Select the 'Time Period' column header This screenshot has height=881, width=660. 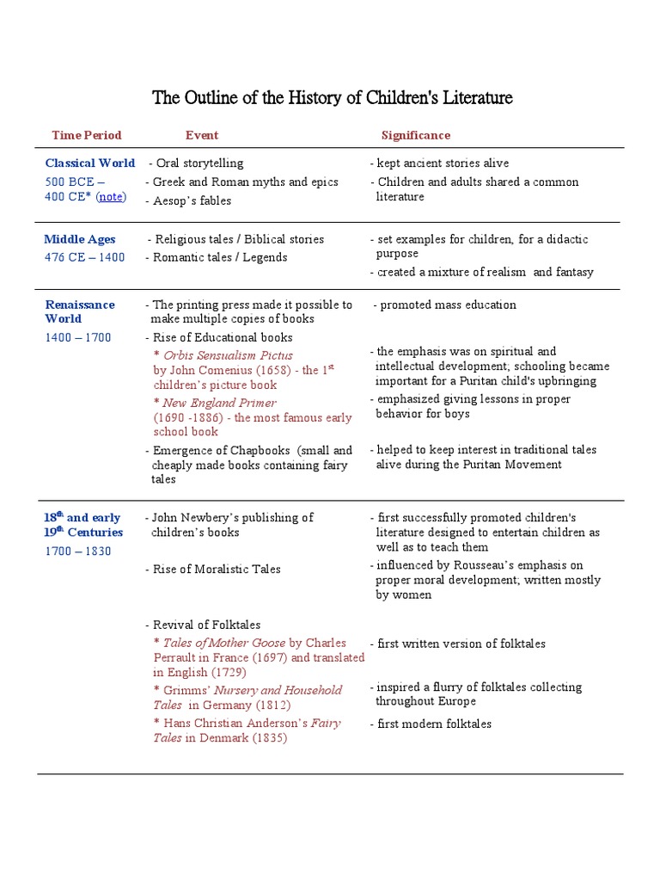86,135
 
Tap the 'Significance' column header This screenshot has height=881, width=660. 416,135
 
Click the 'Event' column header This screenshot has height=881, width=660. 202,135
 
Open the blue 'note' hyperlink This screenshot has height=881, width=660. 110,197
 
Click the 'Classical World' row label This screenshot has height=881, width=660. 89,163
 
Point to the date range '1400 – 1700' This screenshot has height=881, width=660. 77,337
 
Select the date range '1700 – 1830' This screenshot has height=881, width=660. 77,551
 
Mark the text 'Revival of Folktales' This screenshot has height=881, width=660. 206,625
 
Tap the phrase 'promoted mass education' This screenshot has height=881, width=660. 448,305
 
